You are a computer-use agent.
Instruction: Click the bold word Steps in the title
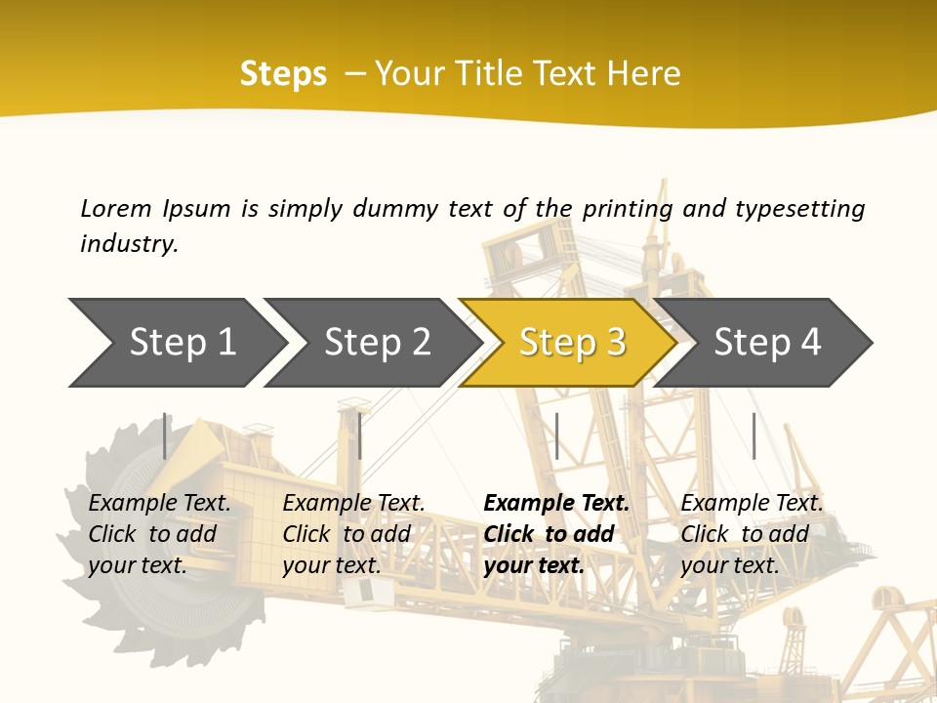click(283, 74)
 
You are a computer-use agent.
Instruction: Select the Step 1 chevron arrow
click(176, 343)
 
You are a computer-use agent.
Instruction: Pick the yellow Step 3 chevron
click(571, 343)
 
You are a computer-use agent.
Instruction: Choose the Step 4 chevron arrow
click(766, 343)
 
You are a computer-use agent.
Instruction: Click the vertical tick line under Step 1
click(165, 435)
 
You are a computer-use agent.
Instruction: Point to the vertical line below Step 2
click(360, 435)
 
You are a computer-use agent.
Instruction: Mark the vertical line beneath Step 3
click(556, 435)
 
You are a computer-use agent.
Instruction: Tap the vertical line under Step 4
click(754, 435)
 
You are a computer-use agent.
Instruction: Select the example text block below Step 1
click(159, 534)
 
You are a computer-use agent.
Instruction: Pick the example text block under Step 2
click(353, 534)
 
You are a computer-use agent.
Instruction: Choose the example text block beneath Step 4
click(752, 534)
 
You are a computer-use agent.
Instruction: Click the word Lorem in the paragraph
click(115, 209)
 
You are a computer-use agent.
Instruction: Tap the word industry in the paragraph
click(129, 244)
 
